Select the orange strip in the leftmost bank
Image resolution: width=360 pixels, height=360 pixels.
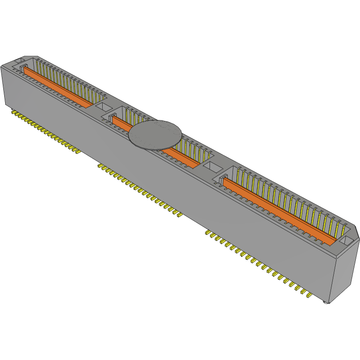[56, 87]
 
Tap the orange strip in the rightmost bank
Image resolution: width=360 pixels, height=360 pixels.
[279, 211]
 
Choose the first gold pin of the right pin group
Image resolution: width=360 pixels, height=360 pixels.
[207, 232]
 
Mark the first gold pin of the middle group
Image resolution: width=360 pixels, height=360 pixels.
[99, 165]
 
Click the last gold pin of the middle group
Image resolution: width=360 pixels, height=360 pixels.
[179, 215]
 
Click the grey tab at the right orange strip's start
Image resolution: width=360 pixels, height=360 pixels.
[221, 180]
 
